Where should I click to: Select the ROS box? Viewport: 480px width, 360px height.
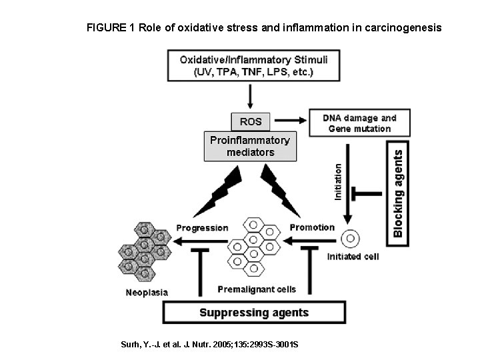(250, 121)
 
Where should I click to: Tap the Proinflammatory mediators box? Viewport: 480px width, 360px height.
(250, 146)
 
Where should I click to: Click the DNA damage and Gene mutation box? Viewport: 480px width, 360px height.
(359, 123)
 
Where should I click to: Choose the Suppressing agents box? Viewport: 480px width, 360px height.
(255, 312)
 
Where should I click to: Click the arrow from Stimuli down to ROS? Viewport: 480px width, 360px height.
(250, 97)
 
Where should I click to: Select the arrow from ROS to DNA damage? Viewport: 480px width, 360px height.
(290, 121)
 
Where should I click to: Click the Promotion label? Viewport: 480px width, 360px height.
(312, 227)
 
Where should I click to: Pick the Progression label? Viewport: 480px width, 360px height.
(202, 228)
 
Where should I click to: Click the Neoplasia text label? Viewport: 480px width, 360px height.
(147, 292)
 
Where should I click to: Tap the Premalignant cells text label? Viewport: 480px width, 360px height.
(257, 289)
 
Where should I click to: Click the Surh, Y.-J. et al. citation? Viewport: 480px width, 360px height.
(209, 344)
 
